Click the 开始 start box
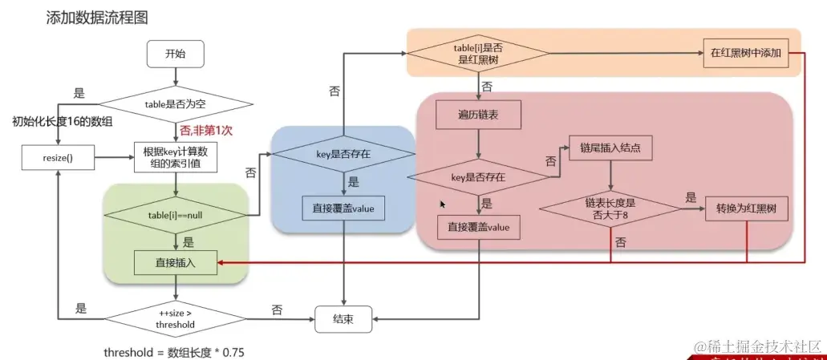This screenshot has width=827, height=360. click(175, 55)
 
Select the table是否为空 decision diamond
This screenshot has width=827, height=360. click(175, 103)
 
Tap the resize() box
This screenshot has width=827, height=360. click(57, 157)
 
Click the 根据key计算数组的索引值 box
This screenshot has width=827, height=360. click(175, 157)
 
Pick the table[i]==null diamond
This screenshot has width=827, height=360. click(175, 215)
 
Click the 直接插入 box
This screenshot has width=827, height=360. click(175, 262)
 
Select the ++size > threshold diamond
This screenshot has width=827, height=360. click(175, 318)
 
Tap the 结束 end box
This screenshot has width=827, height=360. click(343, 318)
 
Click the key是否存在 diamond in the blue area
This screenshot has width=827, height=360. click(343, 154)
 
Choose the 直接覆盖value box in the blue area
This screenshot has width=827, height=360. click(343, 209)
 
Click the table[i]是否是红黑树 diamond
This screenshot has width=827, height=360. click(479, 54)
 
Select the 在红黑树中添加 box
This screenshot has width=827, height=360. click(744, 54)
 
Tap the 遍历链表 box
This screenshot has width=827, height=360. click(479, 115)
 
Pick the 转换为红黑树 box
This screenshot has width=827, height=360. click(746, 209)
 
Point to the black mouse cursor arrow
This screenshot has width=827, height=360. click(443, 205)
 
